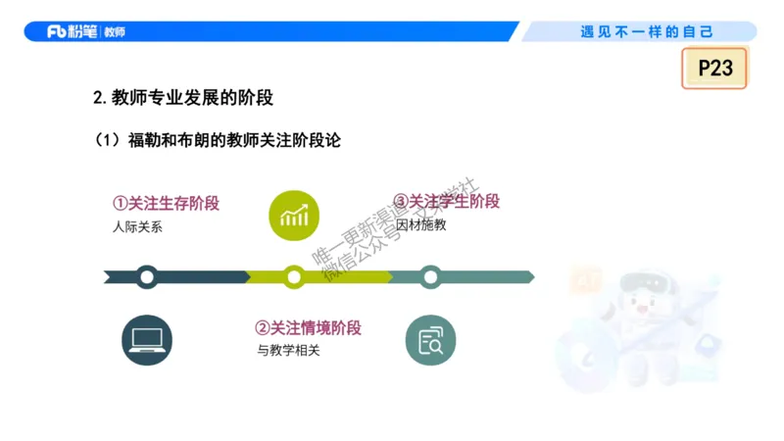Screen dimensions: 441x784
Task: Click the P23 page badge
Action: click(714, 68)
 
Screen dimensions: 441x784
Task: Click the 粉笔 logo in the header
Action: click(73, 31)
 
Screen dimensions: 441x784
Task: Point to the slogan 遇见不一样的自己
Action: click(648, 31)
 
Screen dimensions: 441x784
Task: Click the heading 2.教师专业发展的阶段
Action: click(182, 97)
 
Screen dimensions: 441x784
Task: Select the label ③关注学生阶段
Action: click(446, 202)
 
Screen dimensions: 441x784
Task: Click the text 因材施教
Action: click(420, 225)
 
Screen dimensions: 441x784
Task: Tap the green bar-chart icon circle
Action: click(294, 215)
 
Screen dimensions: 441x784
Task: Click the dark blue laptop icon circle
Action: click(147, 340)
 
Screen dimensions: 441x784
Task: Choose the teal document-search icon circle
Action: click(431, 340)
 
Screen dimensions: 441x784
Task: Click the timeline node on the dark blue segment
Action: click(147, 277)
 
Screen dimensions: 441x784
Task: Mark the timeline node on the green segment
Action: click(294, 277)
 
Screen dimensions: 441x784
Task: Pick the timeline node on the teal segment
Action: click(429, 277)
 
